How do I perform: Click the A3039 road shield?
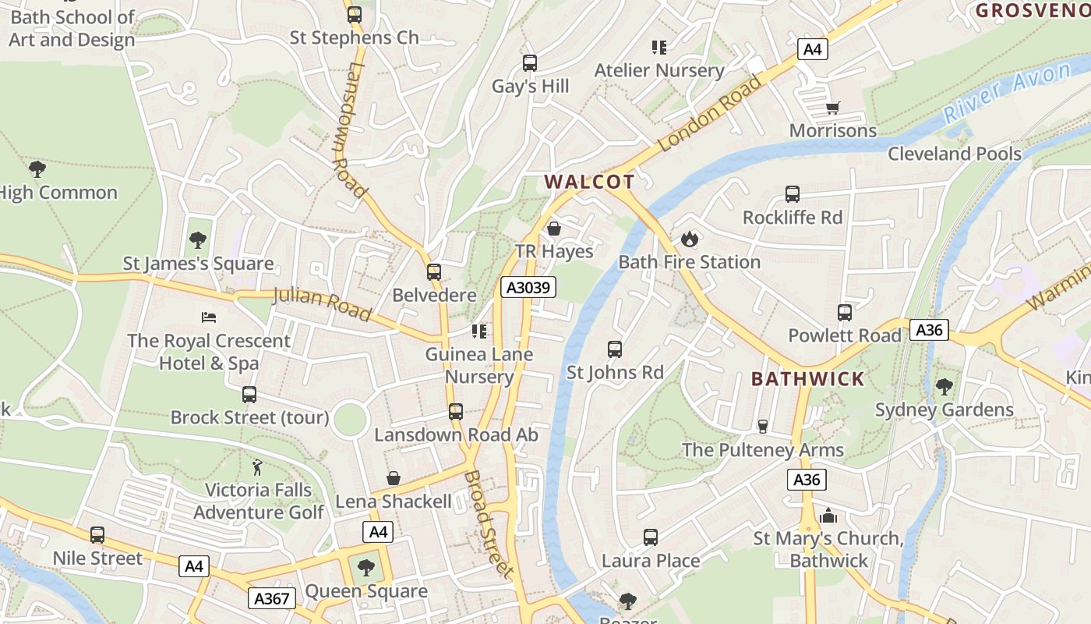[528, 287]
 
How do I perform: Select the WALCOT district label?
[589, 182]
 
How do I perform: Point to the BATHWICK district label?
[807, 379]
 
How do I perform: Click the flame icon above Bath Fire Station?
[689, 239]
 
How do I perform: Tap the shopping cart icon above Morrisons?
[832, 108]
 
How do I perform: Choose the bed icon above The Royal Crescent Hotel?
[208, 317]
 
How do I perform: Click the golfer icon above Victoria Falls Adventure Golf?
[258, 467]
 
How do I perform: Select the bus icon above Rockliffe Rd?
[793, 194]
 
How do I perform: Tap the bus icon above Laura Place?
[651, 537]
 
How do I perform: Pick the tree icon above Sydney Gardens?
[944, 386]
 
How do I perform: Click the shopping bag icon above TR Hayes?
[554, 229]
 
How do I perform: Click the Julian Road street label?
[322, 303]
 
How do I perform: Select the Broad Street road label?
[489, 523]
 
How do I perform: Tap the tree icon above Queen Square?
[365, 568]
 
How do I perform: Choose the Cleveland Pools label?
[955, 154]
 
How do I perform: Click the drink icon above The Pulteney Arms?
[763, 426]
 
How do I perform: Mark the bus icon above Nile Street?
[97, 535]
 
